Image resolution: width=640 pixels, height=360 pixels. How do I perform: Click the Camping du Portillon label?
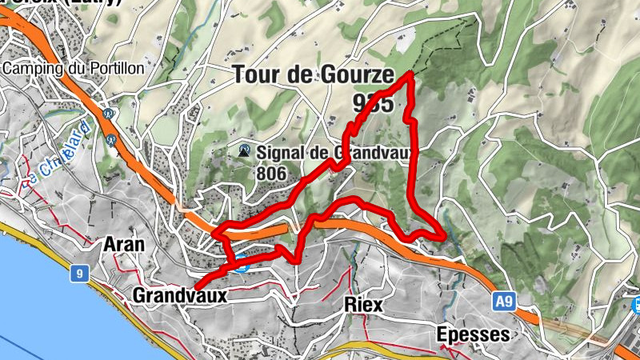[73, 68]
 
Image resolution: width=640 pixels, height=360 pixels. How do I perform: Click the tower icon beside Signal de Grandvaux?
[245, 150]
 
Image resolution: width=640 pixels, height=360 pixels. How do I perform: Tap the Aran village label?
[124, 244]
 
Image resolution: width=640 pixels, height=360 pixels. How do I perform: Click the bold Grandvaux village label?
[180, 295]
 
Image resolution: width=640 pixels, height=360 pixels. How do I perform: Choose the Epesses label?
[474, 334]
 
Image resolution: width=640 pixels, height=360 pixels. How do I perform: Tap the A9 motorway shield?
[502, 302]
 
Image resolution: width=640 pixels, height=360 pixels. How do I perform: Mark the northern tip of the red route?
[410, 74]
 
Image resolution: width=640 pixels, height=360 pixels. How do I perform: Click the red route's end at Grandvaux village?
[194, 286]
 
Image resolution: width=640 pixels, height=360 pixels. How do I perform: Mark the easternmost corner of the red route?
[443, 236]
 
